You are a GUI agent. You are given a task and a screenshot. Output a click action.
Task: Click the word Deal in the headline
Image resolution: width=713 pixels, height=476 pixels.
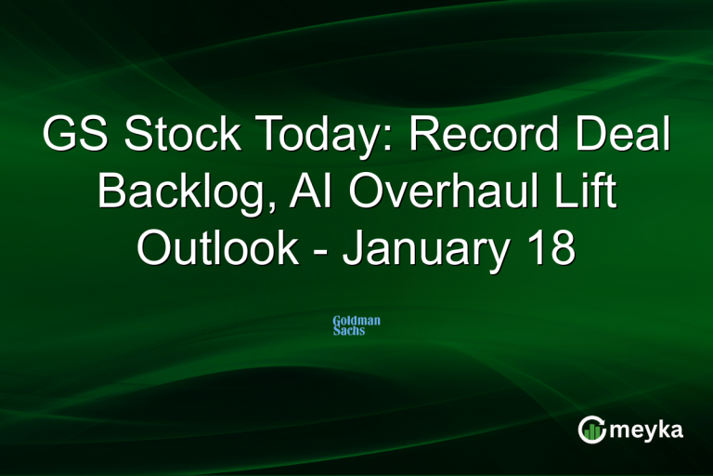[x=626, y=137]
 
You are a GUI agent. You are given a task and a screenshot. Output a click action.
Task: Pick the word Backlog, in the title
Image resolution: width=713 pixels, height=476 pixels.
[x=175, y=194]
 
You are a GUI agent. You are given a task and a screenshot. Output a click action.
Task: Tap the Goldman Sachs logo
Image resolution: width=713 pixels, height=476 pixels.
[x=356, y=325]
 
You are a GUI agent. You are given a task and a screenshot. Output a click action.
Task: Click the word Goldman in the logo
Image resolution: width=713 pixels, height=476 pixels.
[x=356, y=321]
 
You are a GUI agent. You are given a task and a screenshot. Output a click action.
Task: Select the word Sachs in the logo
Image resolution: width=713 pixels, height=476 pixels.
[x=349, y=331]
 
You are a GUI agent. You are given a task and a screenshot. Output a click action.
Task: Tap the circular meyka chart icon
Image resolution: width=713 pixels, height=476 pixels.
[x=591, y=429]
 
